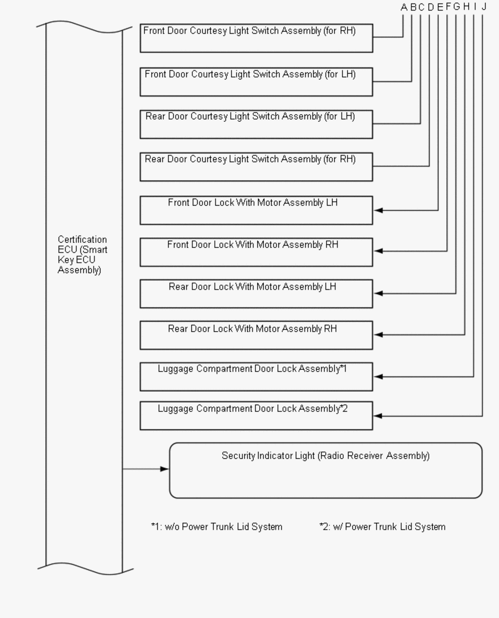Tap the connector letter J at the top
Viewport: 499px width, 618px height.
click(484, 7)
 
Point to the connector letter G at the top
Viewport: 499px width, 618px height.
click(456, 7)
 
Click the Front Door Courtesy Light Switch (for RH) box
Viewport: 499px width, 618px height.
click(256, 38)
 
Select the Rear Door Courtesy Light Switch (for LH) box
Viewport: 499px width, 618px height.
click(256, 124)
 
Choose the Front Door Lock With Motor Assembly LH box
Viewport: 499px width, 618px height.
click(256, 210)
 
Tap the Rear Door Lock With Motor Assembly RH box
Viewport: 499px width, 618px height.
click(256, 335)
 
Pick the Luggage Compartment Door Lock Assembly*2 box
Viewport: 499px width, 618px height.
click(256, 416)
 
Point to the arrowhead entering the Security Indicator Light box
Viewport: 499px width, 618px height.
click(164, 469)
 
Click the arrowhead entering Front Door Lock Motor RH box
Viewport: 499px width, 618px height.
click(379, 251)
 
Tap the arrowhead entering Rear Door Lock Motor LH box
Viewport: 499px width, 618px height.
click(379, 294)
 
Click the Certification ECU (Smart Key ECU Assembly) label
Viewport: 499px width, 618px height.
click(82, 255)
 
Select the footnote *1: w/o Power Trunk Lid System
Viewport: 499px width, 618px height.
click(217, 527)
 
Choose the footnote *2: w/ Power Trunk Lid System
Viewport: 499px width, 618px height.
click(382, 527)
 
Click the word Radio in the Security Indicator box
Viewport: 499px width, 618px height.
click(356, 456)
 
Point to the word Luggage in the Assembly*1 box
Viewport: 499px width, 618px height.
click(175, 369)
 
